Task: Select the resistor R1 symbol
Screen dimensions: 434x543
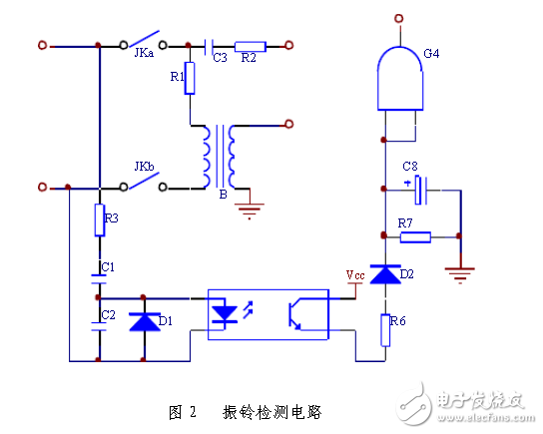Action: (189, 81)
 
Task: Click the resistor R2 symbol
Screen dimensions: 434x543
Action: (250, 45)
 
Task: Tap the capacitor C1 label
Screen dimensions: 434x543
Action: (108, 267)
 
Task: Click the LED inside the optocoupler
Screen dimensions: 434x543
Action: (226, 313)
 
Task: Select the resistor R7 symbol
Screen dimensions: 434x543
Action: (414, 237)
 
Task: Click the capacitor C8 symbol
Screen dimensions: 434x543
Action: (421, 188)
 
